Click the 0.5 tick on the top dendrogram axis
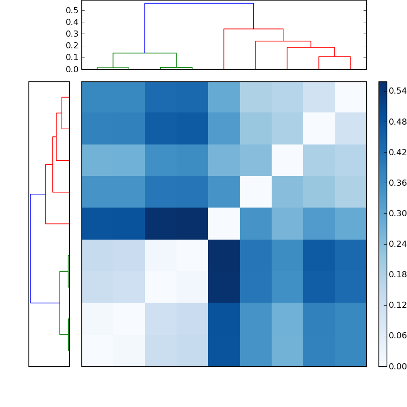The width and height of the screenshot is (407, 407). tap(72, 11)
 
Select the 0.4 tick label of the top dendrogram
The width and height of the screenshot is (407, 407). tap(72, 22)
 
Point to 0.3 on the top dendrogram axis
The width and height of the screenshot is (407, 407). tap(72, 34)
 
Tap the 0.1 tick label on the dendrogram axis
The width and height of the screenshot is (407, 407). tap(72, 57)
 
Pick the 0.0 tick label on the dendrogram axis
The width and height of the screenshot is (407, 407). tap(72, 69)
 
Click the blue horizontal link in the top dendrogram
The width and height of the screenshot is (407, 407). tap(198, 4)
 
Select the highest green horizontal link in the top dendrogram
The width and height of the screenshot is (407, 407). tap(144, 53)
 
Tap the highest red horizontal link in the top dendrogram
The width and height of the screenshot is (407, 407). tap(253, 29)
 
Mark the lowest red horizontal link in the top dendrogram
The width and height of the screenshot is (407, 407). tap(334, 56)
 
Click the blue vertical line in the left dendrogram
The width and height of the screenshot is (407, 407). tap(31, 248)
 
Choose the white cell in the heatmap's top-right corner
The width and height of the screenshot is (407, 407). tap(351, 97)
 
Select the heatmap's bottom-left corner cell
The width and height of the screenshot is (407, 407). tap(97, 351)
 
